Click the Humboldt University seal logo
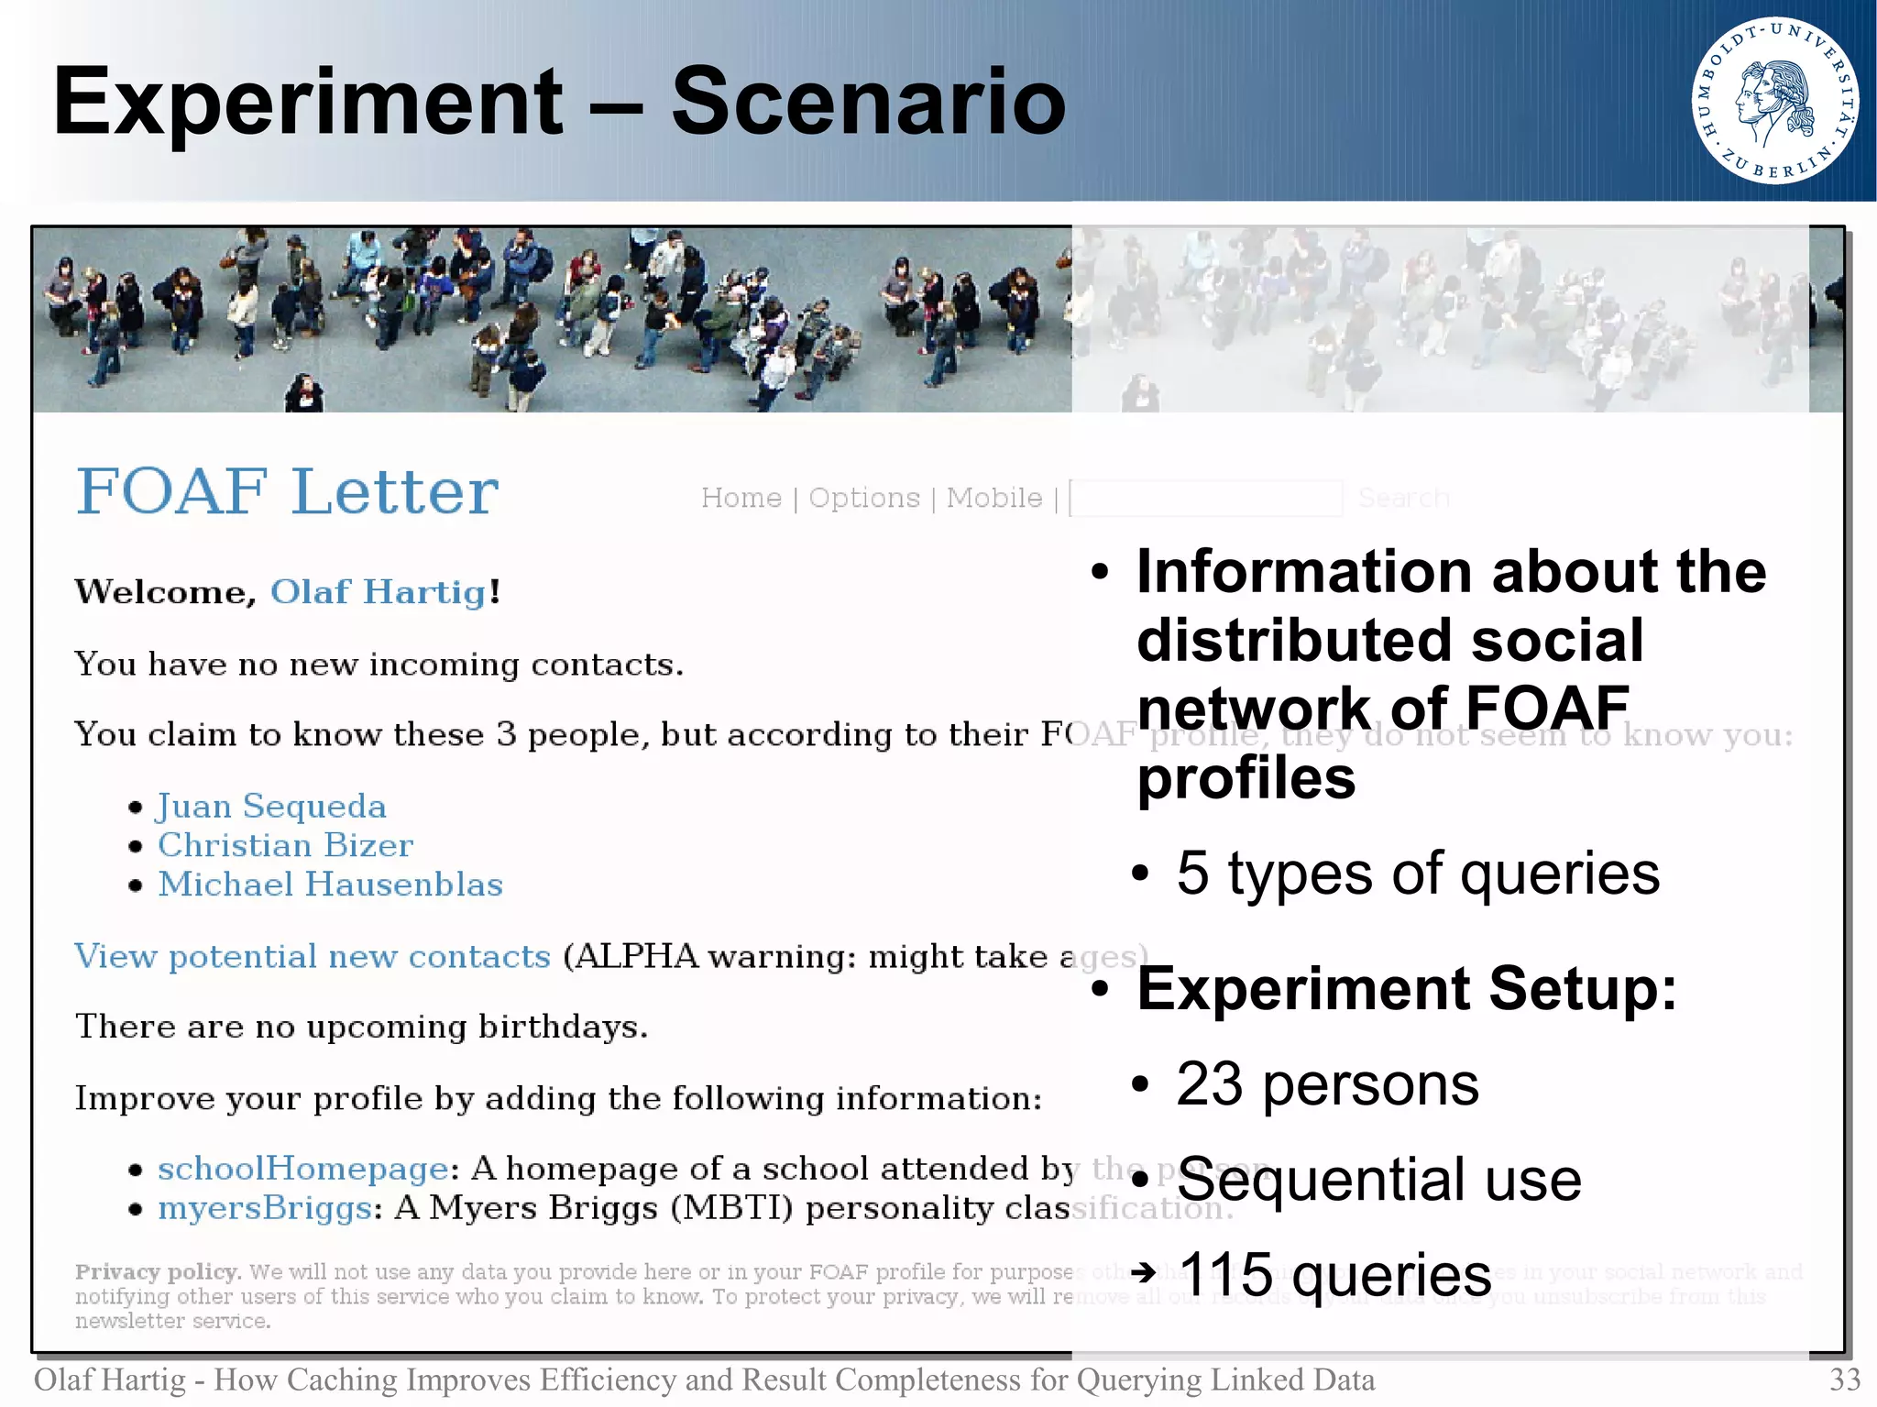1774,101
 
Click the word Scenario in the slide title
868,102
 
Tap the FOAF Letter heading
287,492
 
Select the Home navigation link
741,498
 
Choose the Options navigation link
863,498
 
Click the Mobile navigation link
993,498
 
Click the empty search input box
1205,498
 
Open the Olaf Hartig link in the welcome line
378,592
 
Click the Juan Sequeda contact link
271,807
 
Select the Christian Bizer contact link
285,845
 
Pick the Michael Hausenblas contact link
330,885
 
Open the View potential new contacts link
312,957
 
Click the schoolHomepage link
302,1169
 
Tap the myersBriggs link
265,1208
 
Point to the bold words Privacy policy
157,1272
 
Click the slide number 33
1844,1380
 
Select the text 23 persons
1326,1085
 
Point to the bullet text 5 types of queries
1417,874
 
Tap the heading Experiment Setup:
1406,989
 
